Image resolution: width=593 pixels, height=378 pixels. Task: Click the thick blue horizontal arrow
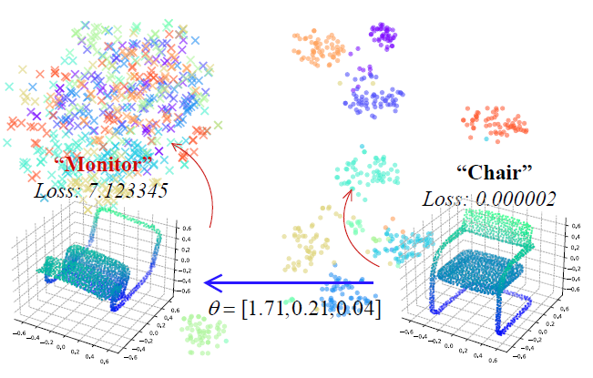(x=291, y=282)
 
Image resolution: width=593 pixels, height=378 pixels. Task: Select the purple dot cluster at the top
(x=383, y=36)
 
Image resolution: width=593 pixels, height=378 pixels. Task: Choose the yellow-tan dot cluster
(x=310, y=241)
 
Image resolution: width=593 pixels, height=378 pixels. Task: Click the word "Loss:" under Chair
(x=446, y=198)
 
